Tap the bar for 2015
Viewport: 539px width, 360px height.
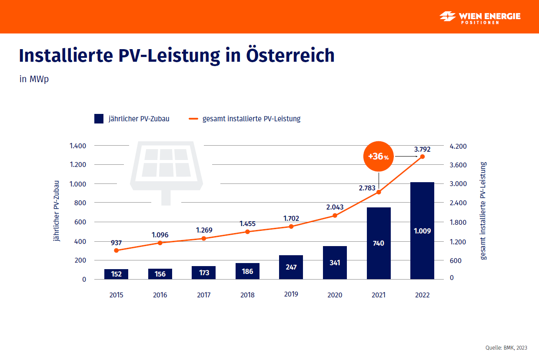pyautogui.click(x=116, y=274)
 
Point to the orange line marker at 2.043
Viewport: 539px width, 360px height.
pyautogui.click(x=335, y=216)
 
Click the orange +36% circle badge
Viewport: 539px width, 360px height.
pyautogui.click(x=378, y=157)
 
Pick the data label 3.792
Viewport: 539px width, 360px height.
pyautogui.click(x=423, y=149)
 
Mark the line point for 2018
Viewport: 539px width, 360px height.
pyautogui.click(x=247, y=232)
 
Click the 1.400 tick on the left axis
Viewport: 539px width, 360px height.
pyautogui.click(x=78, y=146)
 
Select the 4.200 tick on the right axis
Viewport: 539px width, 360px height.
pyautogui.click(x=458, y=146)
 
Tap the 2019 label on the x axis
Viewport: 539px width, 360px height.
pyautogui.click(x=291, y=294)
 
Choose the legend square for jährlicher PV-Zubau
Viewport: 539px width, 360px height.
pyautogui.click(x=99, y=119)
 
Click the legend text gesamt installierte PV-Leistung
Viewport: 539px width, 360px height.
pyautogui.click(x=251, y=119)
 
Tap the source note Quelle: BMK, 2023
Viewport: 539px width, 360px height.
pyautogui.click(x=506, y=347)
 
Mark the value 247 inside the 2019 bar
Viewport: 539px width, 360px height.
pyautogui.click(x=291, y=267)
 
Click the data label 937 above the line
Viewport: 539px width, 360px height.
pyautogui.click(x=116, y=243)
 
